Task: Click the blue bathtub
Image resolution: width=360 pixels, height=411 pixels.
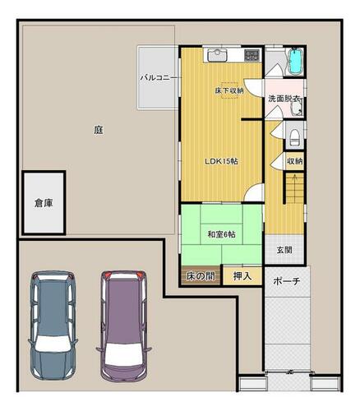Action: click(296, 62)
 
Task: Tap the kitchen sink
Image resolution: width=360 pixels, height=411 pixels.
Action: click(217, 55)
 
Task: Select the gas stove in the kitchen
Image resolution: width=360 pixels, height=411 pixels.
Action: click(252, 55)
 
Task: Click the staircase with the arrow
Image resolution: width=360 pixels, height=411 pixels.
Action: click(295, 188)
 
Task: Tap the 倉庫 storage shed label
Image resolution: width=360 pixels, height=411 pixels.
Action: click(44, 203)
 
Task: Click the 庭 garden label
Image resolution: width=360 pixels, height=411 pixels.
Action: click(99, 130)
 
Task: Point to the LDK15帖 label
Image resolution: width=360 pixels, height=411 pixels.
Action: click(222, 161)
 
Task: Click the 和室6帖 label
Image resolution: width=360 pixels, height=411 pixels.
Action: click(221, 234)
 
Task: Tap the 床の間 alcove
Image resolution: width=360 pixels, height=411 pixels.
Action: click(201, 275)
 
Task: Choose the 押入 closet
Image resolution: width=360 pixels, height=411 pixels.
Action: click(242, 275)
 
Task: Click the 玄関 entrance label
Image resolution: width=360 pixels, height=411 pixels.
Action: click(284, 250)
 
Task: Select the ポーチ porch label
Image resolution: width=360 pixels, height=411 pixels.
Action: click(287, 281)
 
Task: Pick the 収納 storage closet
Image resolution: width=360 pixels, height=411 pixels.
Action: click(295, 161)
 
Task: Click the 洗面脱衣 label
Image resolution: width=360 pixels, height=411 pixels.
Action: click(284, 99)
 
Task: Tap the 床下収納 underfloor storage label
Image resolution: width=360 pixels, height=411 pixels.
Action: click(229, 90)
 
